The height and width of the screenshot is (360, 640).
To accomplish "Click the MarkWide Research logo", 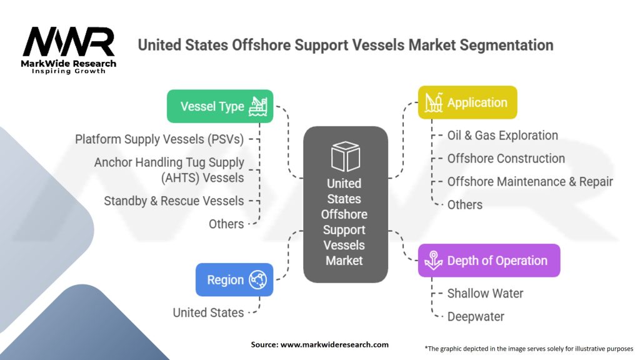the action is (69, 50).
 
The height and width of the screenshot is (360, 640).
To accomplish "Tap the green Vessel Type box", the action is (220, 106).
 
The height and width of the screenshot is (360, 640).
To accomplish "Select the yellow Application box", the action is (467, 102).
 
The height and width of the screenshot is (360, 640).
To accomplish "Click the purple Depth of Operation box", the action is (489, 261).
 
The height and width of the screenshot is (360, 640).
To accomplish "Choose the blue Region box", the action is (234, 279).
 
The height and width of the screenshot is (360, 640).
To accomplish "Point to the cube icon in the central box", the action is (345, 156).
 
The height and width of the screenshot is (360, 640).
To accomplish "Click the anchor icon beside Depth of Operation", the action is (432, 261).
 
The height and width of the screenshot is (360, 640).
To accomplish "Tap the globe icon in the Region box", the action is (257, 279).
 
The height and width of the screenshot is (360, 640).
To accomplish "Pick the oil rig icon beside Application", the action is (434, 102).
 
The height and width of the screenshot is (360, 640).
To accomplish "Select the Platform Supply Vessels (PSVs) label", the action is (159, 139).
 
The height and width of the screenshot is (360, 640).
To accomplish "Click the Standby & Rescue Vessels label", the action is (174, 201).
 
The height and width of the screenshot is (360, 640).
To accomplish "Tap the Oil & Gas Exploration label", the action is (502, 135).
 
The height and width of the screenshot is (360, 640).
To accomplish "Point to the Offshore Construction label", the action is (506, 158).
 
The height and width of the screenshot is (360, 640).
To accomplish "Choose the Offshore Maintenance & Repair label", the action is (530, 181).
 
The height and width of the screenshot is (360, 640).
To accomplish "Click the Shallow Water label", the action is (485, 293).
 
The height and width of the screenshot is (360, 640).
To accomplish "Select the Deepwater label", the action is (475, 316).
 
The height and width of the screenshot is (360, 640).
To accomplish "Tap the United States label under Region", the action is (208, 312).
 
